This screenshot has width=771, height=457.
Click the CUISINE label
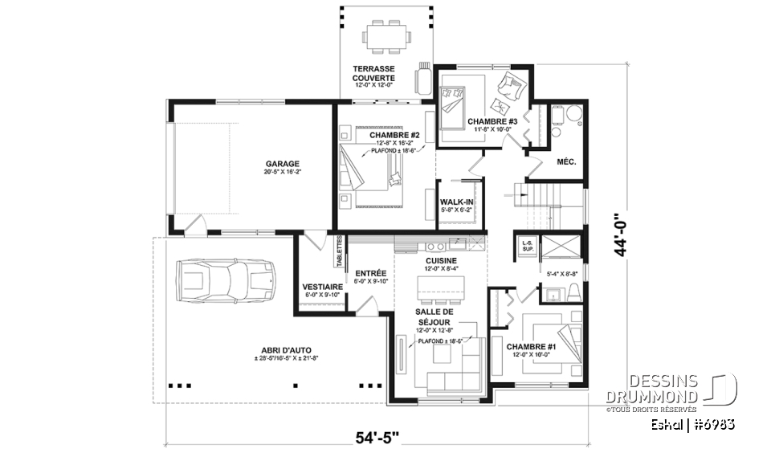coord(442,261)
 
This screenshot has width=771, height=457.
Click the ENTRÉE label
coord(371,273)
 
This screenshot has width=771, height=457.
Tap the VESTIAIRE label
coord(323,287)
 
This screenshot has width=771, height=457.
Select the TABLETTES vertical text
coord(340,251)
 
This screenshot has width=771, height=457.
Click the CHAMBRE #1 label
coord(531,347)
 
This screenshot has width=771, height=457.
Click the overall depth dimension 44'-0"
coord(618,235)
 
